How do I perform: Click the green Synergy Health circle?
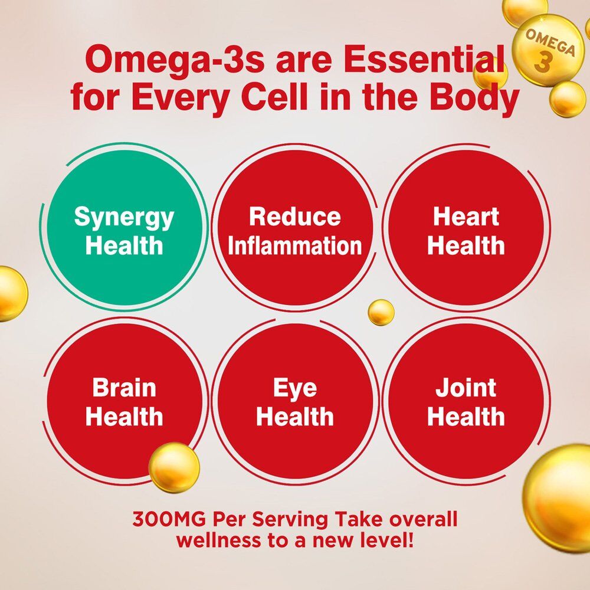[x=124, y=228]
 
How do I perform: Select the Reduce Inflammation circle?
[x=295, y=228]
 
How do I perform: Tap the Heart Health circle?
[x=466, y=228]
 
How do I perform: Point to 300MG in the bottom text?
[x=169, y=520]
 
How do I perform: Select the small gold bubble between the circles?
[x=381, y=312]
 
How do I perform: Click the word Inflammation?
[x=295, y=245]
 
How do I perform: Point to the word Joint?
[x=466, y=388]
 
